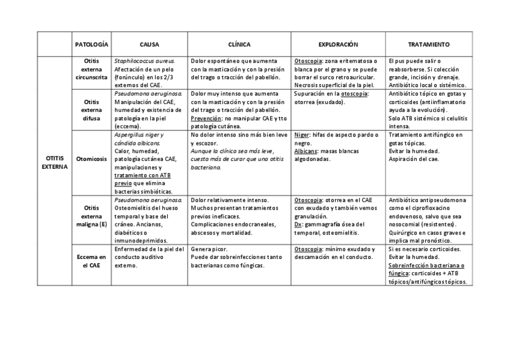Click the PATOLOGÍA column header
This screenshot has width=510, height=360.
tap(91, 44)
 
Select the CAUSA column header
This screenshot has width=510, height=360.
tap(149, 44)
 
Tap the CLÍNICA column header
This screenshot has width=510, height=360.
tap(239, 44)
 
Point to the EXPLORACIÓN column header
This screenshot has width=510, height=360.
tap(338, 44)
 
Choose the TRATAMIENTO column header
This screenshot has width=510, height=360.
tap(428, 44)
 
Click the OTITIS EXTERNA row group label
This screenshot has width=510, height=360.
tap(55, 162)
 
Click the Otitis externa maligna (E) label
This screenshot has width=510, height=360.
tap(91, 216)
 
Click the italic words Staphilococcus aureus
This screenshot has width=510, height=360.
tap(144, 61)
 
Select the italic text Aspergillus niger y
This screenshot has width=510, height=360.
tap(138, 135)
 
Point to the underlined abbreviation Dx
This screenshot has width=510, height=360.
tap(298, 224)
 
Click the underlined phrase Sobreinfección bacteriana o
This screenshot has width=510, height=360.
tap(426, 265)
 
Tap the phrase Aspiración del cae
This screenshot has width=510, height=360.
tap(414, 159)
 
